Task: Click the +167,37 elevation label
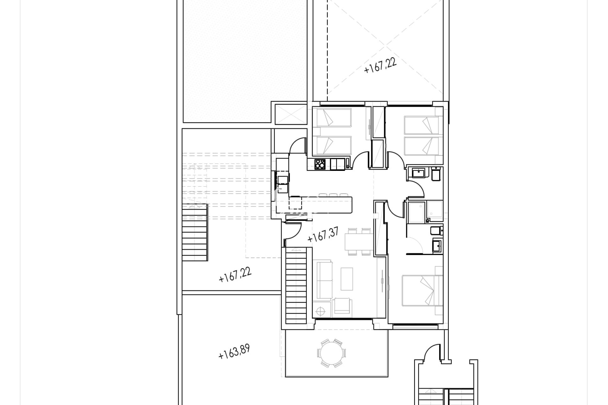click(323, 235)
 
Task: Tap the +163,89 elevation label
click(234, 352)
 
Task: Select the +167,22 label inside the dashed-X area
click(380, 65)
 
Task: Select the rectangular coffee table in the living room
click(347, 279)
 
